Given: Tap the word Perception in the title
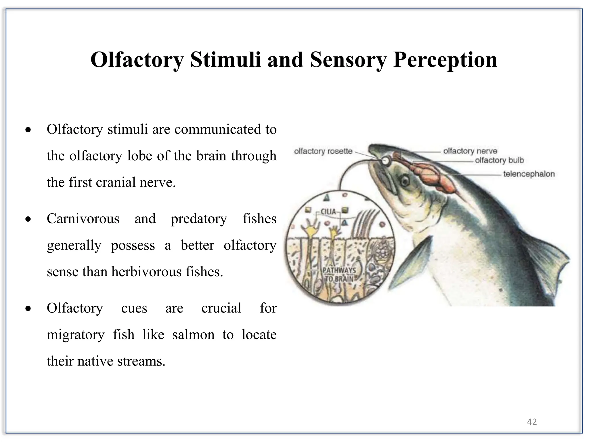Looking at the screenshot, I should (x=445, y=60).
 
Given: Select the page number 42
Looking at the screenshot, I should (x=532, y=422).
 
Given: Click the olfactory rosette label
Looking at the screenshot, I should (x=323, y=151).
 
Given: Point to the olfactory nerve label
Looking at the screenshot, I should (x=470, y=151).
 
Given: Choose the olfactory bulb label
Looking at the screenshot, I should (x=499, y=160).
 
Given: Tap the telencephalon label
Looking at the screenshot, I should (x=529, y=174).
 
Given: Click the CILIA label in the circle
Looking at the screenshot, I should (x=328, y=212).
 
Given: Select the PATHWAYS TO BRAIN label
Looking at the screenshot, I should (x=339, y=275).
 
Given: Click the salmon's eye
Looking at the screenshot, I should (x=405, y=181).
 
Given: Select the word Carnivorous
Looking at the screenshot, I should (x=83, y=219).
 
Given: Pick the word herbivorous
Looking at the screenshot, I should (x=147, y=272).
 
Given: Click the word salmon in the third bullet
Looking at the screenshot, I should (x=193, y=335).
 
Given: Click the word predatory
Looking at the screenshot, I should (x=199, y=219).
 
